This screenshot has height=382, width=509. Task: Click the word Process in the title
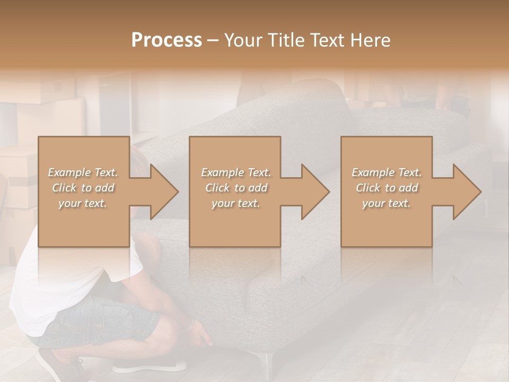coord(166,40)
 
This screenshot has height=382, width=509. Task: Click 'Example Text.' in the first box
coord(83,172)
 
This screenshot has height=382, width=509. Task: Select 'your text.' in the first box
coord(83,203)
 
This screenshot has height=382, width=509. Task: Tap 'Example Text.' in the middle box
coord(235,172)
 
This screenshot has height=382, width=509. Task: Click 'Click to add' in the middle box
coord(235,188)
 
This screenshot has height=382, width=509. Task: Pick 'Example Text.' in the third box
coord(387,172)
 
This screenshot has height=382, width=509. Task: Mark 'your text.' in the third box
coord(387,203)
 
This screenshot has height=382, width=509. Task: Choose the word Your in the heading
coord(240,40)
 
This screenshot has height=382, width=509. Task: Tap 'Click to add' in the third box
coord(387,188)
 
